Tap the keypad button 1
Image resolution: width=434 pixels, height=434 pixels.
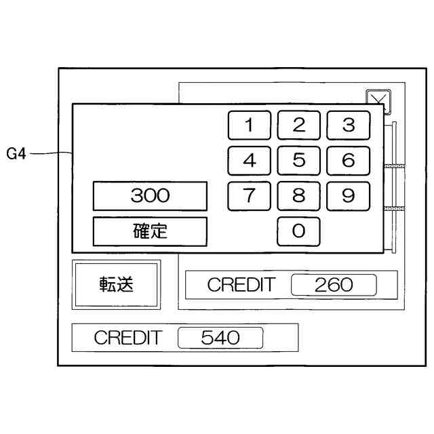[x=249, y=125]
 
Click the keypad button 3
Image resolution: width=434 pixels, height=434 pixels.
[x=348, y=125]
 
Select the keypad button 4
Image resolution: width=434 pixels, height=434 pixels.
[x=249, y=161]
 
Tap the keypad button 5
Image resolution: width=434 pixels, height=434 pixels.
[x=298, y=161]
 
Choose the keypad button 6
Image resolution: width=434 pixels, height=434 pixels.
[x=348, y=161]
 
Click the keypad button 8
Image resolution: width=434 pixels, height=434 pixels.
[x=298, y=196]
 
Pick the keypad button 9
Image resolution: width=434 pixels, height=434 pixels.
[x=348, y=196]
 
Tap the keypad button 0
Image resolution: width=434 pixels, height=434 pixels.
[x=298, y=231]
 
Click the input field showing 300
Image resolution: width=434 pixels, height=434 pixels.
[x=150, y=197]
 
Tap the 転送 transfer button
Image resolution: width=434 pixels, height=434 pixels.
[x=117, y=284]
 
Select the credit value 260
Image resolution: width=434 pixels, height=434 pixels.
[x=334, y=285]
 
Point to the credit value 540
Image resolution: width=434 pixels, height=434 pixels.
[x=220, y=338]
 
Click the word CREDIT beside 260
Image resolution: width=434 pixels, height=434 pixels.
[x=241, y=285]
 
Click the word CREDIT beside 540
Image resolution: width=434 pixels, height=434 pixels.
[x=128, y=338]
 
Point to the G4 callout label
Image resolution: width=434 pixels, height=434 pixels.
[x=16, y=154]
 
